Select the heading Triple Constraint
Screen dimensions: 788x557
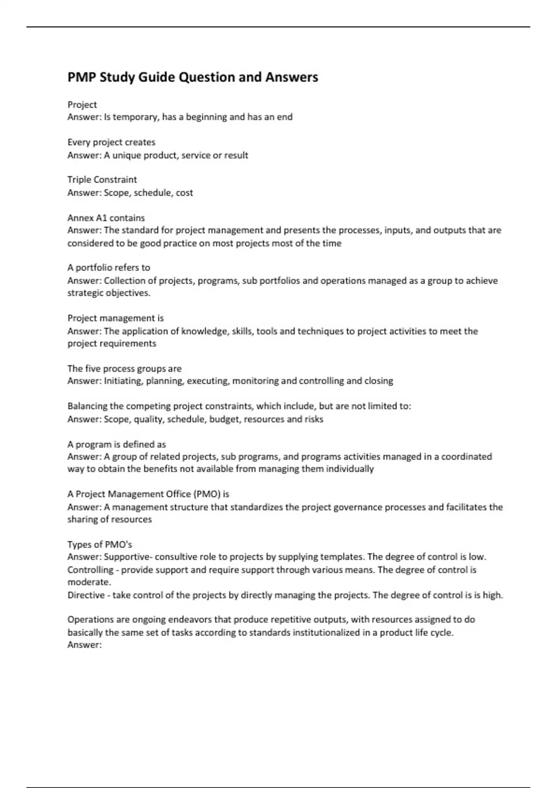pos(102,179)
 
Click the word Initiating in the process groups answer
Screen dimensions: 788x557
pos(123,381)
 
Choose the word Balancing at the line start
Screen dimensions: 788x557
pos(87,406)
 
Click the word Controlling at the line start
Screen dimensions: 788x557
pos(91,570)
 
